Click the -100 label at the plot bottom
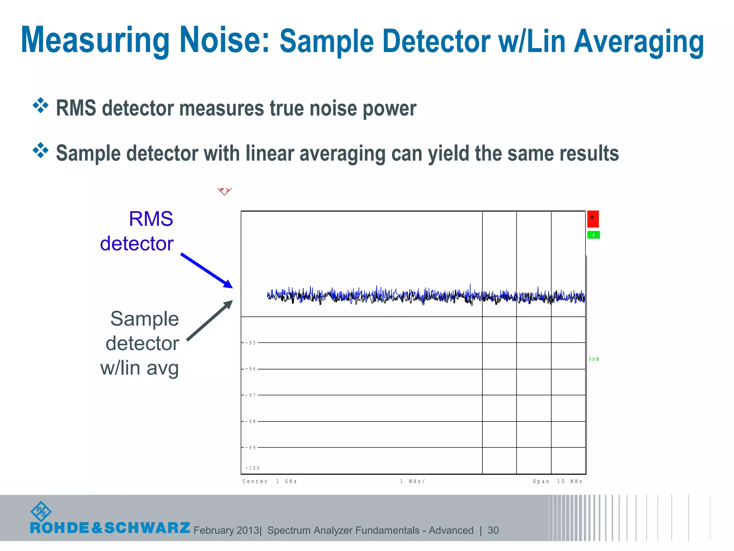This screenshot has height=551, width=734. tap(252, 468)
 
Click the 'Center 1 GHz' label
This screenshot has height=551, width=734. tap(270, 481)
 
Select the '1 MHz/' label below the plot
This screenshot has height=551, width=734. tap(412, 481)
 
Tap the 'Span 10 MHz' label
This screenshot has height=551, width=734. tap(557, 481)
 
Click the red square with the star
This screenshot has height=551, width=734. tap(593, 219)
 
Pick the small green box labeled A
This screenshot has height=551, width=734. tap(594, 235)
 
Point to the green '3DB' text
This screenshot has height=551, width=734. tap(594, 359)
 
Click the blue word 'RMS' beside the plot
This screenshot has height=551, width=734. tap(151, 219)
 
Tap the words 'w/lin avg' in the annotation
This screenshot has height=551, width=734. tap(139, 368)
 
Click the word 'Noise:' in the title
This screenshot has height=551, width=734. tap(224, 40)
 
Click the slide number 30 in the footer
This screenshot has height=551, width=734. tap(493, 530)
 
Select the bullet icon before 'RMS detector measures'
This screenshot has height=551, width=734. tap(40, 105)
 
